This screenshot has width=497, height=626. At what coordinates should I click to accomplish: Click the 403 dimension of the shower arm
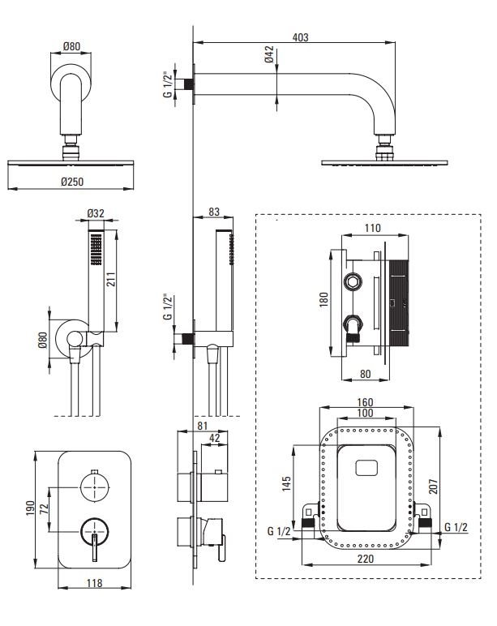(x=300, y=37)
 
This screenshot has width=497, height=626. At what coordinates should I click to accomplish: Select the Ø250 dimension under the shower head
(x=72, y=182)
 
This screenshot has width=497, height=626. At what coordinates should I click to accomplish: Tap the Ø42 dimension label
(x=269, y=54)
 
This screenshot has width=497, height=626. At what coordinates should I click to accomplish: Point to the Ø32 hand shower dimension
(x=96, y=213)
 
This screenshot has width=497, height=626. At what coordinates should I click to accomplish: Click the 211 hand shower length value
(x=110, y=279)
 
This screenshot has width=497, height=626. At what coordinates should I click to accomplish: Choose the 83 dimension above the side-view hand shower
(x=214, y=212)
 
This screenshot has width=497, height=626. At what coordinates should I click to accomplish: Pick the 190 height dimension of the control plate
(x=31, y=508)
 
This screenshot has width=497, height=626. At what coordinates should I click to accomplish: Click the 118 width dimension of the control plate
(x=95, y=583)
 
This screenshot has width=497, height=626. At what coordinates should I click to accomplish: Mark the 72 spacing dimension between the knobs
(x=44, y=508)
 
